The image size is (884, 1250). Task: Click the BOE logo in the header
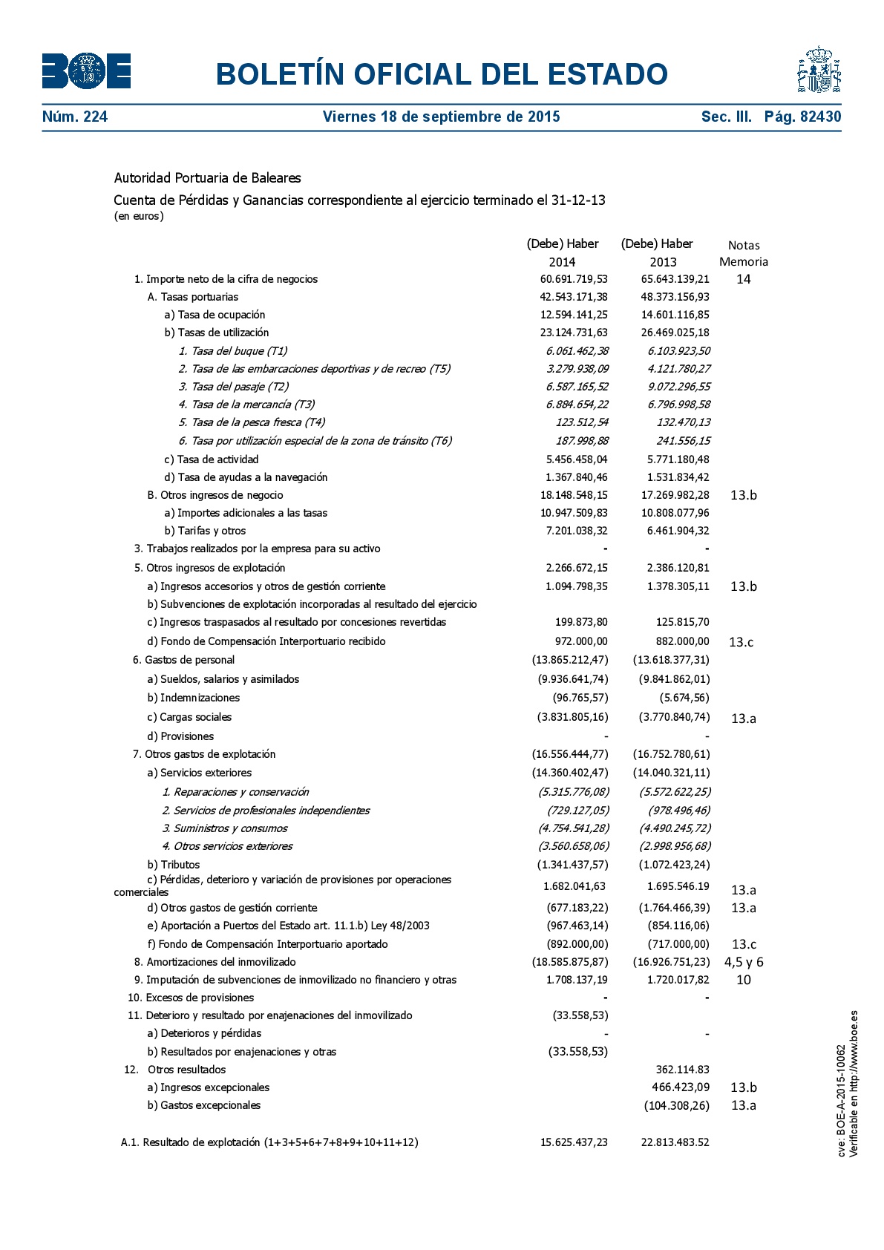click(86, 71)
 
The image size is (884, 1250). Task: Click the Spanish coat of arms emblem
click(819, 70)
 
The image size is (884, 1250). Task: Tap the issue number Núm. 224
click(75, 117)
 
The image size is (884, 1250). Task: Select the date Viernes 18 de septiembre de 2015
click(441, 117)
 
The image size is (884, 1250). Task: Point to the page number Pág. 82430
click(802, 117)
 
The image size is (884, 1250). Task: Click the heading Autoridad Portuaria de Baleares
click(207, 178)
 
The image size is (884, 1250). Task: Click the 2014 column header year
click(562, 262)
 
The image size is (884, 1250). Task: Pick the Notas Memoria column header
click(744, 253)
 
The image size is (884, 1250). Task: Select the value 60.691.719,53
click(574, 279)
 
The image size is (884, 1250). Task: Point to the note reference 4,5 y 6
click(744, 962)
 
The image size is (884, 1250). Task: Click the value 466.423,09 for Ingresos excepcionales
click(680, 1087)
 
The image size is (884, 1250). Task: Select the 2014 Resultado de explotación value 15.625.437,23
click(574, 1142)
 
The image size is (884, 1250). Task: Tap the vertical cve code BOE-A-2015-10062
click(842, 1101)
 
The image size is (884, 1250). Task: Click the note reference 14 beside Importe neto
click(744, 279)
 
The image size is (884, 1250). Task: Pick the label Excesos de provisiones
click(200, 998)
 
